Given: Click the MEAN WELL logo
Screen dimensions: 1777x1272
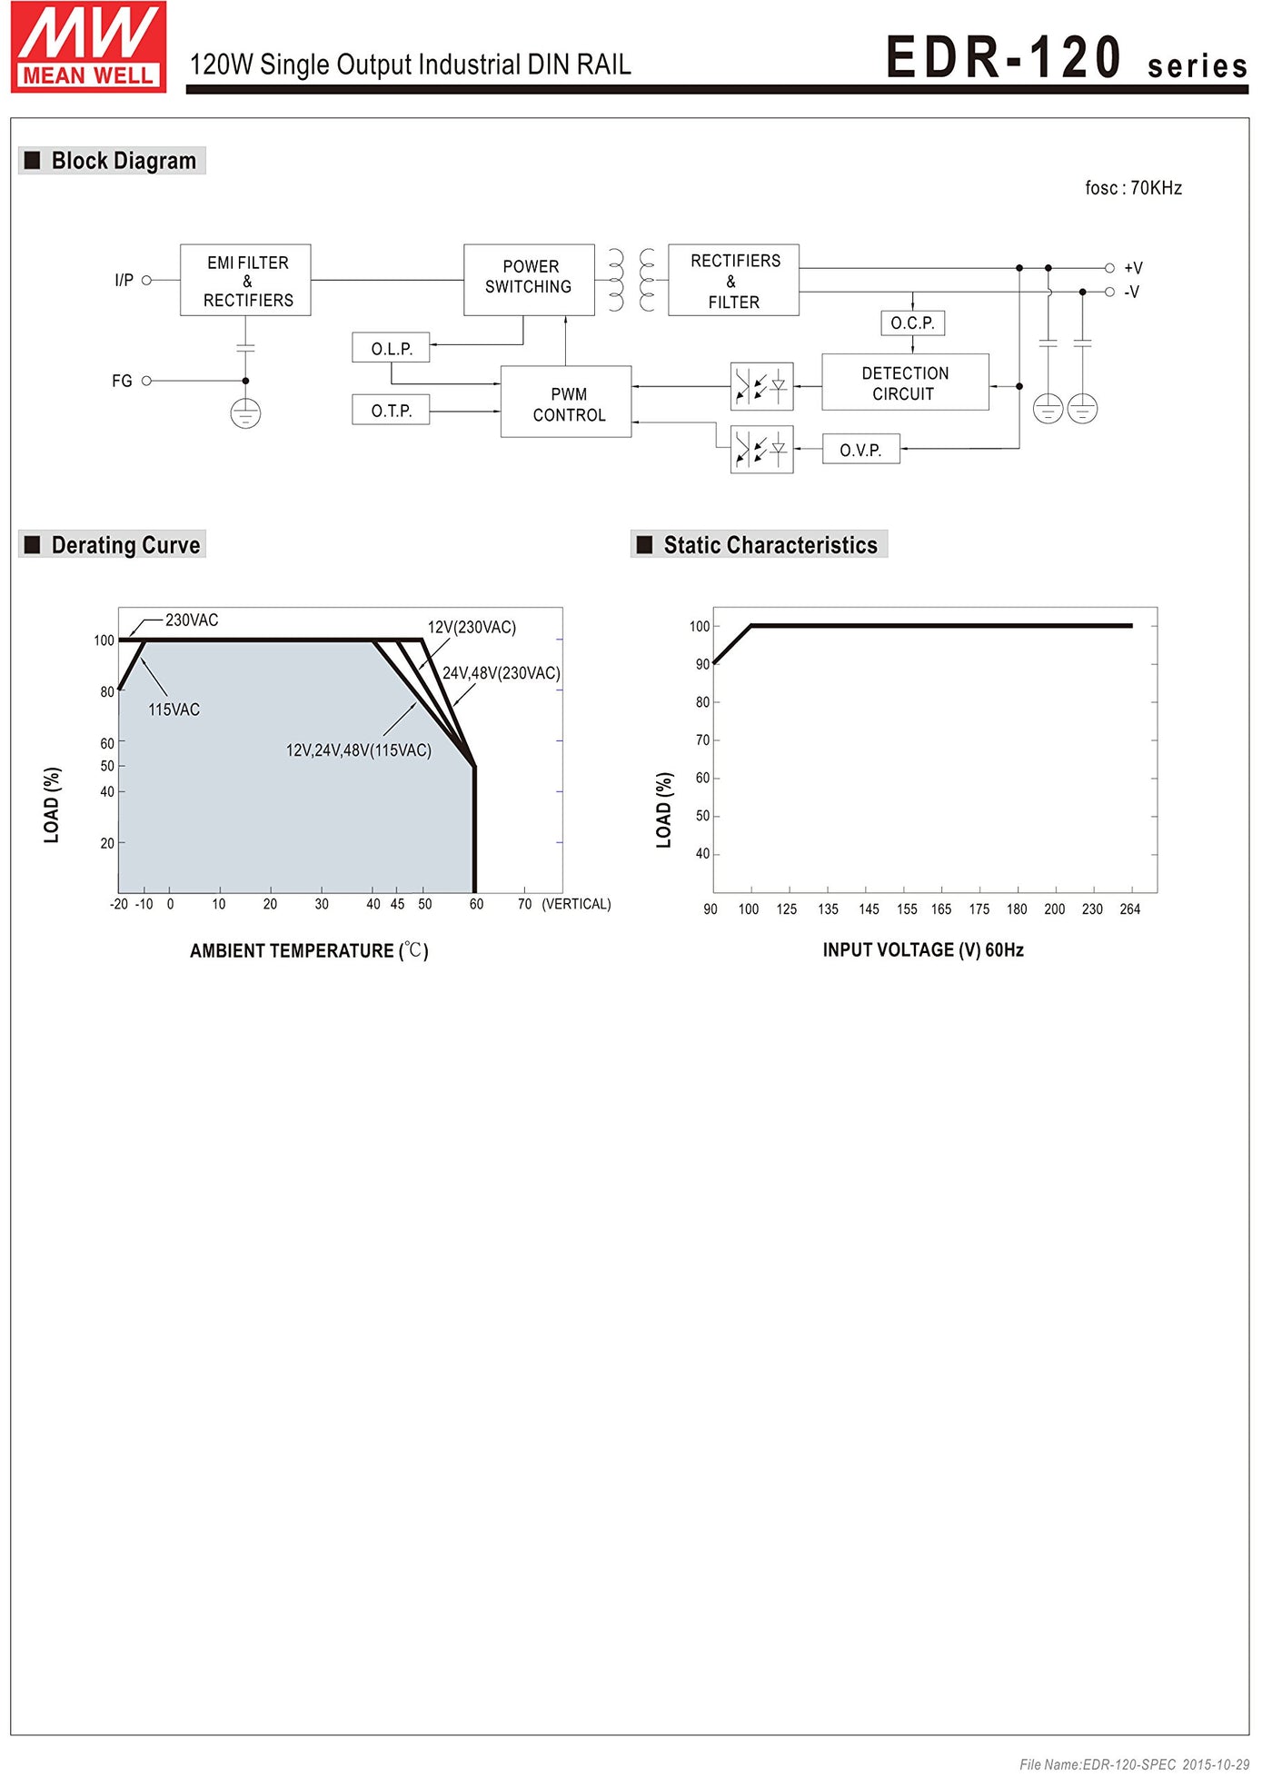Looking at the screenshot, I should (88, 47).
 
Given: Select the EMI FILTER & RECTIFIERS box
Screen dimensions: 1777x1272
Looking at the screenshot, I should (245, 281).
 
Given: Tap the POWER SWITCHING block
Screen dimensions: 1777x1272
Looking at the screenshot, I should (529, 279).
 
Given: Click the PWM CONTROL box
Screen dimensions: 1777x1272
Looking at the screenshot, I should (566, 403).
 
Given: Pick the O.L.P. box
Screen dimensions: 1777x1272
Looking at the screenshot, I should (391, 349).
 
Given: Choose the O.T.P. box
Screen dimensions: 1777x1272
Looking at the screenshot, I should (391, 411).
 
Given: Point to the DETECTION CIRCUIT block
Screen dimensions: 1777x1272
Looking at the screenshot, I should (905, 383).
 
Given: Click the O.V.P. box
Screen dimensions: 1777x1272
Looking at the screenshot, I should (860, 450).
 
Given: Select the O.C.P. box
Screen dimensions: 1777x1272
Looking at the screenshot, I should (912, 323).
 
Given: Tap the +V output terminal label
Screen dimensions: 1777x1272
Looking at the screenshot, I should (1133, 268).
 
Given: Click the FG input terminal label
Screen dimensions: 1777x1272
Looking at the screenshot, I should (122, 381).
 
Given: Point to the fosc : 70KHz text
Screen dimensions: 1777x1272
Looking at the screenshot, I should (1133, 188).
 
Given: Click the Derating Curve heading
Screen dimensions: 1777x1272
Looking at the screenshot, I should (124, 545).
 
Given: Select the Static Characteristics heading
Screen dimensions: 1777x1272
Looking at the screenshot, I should (770, 545).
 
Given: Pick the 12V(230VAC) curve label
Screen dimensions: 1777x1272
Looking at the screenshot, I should (472, 628).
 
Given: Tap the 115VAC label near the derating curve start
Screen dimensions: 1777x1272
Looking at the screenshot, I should (174, 710).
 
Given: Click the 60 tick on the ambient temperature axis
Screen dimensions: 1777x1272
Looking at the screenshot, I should (476, 904).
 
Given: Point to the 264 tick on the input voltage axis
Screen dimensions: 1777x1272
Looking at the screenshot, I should (1129, 909).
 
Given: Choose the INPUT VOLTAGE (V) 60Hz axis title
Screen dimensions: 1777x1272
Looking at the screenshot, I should (923, 950).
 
